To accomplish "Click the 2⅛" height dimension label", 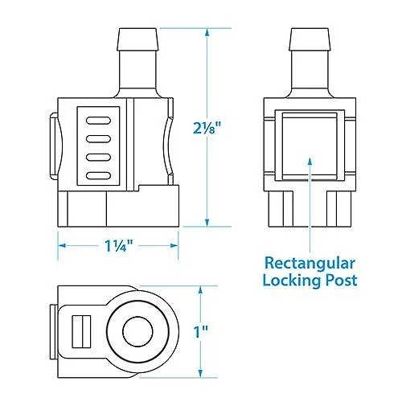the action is coord(207,128).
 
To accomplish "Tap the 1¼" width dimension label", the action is coord(119,245).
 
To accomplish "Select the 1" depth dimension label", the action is coord(201,331).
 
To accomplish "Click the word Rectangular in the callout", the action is coord(310,265).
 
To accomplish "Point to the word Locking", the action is coord(291,281).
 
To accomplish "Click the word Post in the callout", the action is coord(341,281).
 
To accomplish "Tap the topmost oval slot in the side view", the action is coord(98,121).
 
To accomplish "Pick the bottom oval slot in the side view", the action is coord(98,176).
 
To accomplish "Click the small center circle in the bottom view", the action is coord(137,331).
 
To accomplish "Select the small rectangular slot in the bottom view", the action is coord(81,331).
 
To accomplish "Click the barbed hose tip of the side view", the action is coord(137,39).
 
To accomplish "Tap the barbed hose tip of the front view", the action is coord(310,39).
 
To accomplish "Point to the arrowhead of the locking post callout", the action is coord(310,160).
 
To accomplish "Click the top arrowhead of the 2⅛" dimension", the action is coord(207,32).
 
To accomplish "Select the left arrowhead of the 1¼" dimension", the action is coord(62,245).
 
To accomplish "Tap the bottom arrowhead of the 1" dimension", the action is coord(200,374).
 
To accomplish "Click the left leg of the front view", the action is coord(281,209).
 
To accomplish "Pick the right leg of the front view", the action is coord(339,209).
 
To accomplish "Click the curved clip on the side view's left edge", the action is coord(55,146).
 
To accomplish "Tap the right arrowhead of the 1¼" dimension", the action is coord(174,245).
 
